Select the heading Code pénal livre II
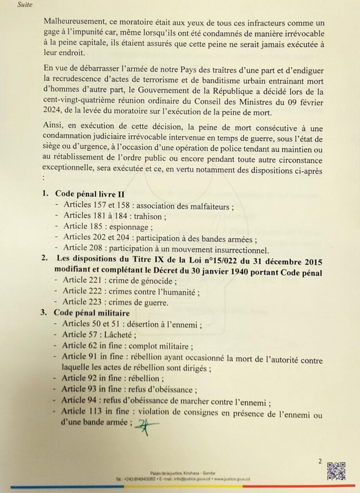click(90, 194)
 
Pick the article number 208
click(97, 248)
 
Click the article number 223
click(97, 303)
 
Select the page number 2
click(320, 461)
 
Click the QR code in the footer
click(336, 470)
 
